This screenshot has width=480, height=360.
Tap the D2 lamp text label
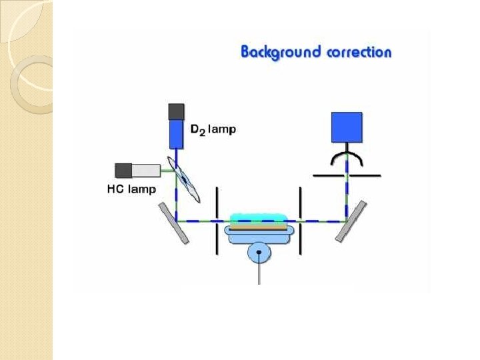pyautogui.click(x=213, y=129)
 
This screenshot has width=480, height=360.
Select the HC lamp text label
pyautogui.click(x=131, y=189)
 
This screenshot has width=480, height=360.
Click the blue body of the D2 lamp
pyautogui.click(x=177, y=133)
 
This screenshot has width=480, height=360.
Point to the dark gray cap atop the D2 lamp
pyautogui.click(x=177, y=111)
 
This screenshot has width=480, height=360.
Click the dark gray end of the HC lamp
pyautogui.click(x=123, y=170)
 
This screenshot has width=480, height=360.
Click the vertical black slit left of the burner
pyautogui.click(x=217, y=220)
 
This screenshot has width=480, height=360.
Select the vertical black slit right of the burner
pyautogui.click(x=301, y=220)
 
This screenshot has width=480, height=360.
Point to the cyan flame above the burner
pyautogui.click(x=258, y=219)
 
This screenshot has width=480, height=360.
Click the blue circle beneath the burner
pyautogui.click(x=259, y=252)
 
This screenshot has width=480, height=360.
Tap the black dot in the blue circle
pyautogui.click(x=259, y=252)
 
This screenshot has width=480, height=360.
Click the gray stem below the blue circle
pyautogui.click(x=259, y=273)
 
